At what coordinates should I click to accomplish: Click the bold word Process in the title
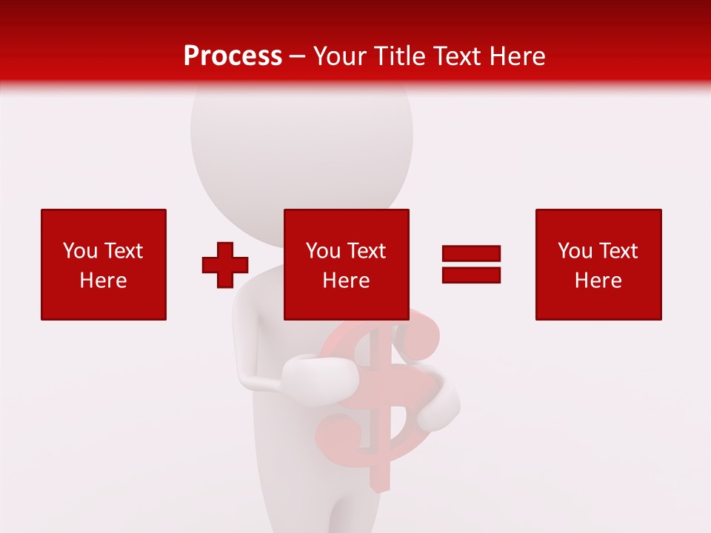pyautogui.click(x=233, y=56)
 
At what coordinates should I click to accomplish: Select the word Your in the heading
pyautogui.click(x=340, y=56)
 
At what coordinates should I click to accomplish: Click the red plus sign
pyautogui.click(x=225, y=265)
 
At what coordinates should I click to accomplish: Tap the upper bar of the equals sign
pyautogui.click(x=471, y=254)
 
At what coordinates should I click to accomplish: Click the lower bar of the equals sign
pyautogui.click(x=471, y=275)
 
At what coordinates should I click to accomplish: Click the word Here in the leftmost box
pyautogui.click(x=103, y=281)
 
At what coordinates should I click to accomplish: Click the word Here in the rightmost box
pyautogui.click(x=598, y=281)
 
